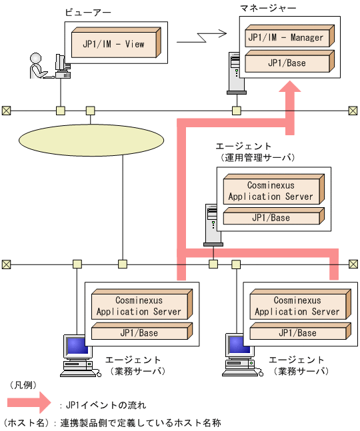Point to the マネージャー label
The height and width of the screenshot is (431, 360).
269,8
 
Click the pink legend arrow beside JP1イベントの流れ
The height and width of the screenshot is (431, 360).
29,402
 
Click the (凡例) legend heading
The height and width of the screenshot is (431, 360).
23,386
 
